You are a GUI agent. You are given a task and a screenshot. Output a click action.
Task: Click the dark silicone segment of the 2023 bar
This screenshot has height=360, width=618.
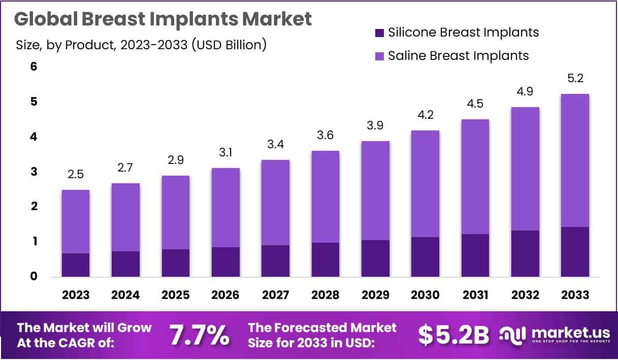pyautogui.click(x=76, y=265)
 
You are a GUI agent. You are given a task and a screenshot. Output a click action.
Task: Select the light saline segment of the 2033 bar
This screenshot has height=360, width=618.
pyautogui.click(x=575, y=160)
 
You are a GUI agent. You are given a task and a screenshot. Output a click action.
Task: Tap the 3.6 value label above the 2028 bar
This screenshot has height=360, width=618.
pyautogui.click(x=326, y=136)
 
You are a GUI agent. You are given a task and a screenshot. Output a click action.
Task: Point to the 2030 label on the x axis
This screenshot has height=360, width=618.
pyautogui.click(x=425, y=295)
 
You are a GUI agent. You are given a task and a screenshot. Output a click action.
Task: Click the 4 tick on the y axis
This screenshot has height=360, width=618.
pyautogui.click(x=20, y=137)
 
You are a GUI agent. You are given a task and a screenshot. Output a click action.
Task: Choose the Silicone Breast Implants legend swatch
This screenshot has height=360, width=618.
pyautogui.click(x=378, y=33)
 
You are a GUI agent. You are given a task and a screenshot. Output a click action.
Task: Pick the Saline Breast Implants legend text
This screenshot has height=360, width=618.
pyautogui.click(x=458, y=55)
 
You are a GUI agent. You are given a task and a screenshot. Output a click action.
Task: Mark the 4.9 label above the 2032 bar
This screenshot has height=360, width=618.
pyautogui.click(x=525, y=92)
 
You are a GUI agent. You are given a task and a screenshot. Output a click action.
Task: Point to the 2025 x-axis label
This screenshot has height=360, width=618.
pyautogui.click(x=175, y=295)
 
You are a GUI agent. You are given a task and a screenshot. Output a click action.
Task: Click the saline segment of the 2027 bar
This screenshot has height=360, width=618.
pyautogui.click(x=275, y=202)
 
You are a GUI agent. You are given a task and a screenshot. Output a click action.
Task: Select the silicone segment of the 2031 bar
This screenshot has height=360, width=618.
pyautogui.click(x=475, y=255)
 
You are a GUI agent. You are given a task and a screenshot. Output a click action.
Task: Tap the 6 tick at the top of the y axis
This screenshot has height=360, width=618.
pyautogui.click(x=20, y=67)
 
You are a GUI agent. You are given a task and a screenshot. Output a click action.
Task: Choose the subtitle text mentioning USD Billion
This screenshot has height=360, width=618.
pyautogui.click(x=141, y=45)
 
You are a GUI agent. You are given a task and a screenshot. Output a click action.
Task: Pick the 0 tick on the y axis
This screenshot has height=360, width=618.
pyautogui.click(x=20, y=277)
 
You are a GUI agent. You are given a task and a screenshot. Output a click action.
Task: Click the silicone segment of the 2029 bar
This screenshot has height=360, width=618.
pyautogui.click(x=375, y=258)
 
